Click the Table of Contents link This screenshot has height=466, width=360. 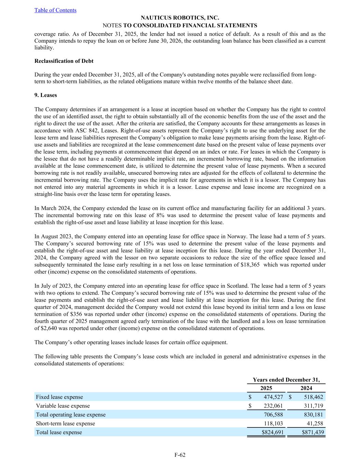point(55,10)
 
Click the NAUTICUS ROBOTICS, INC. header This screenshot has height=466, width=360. point(180,18)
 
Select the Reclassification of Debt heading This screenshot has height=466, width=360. point(64,61)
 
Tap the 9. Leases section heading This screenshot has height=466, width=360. point(46,95)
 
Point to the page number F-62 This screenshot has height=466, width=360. point(180,455)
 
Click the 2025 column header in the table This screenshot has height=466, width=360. point(266,388)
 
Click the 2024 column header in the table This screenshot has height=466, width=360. point(306,388)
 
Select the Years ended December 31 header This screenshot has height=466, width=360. point(286,380)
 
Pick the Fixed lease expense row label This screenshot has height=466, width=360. point(59,397)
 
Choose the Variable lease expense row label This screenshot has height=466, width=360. point(63,406)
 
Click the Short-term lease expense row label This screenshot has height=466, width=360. point(66,423)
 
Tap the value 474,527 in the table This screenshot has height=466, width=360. point(273,397)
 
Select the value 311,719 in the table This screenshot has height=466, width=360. point(314,406)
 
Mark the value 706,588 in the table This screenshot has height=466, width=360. point(273,414)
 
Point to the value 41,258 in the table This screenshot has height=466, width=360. point(315,423)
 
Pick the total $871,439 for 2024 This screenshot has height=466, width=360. point(313,432)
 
